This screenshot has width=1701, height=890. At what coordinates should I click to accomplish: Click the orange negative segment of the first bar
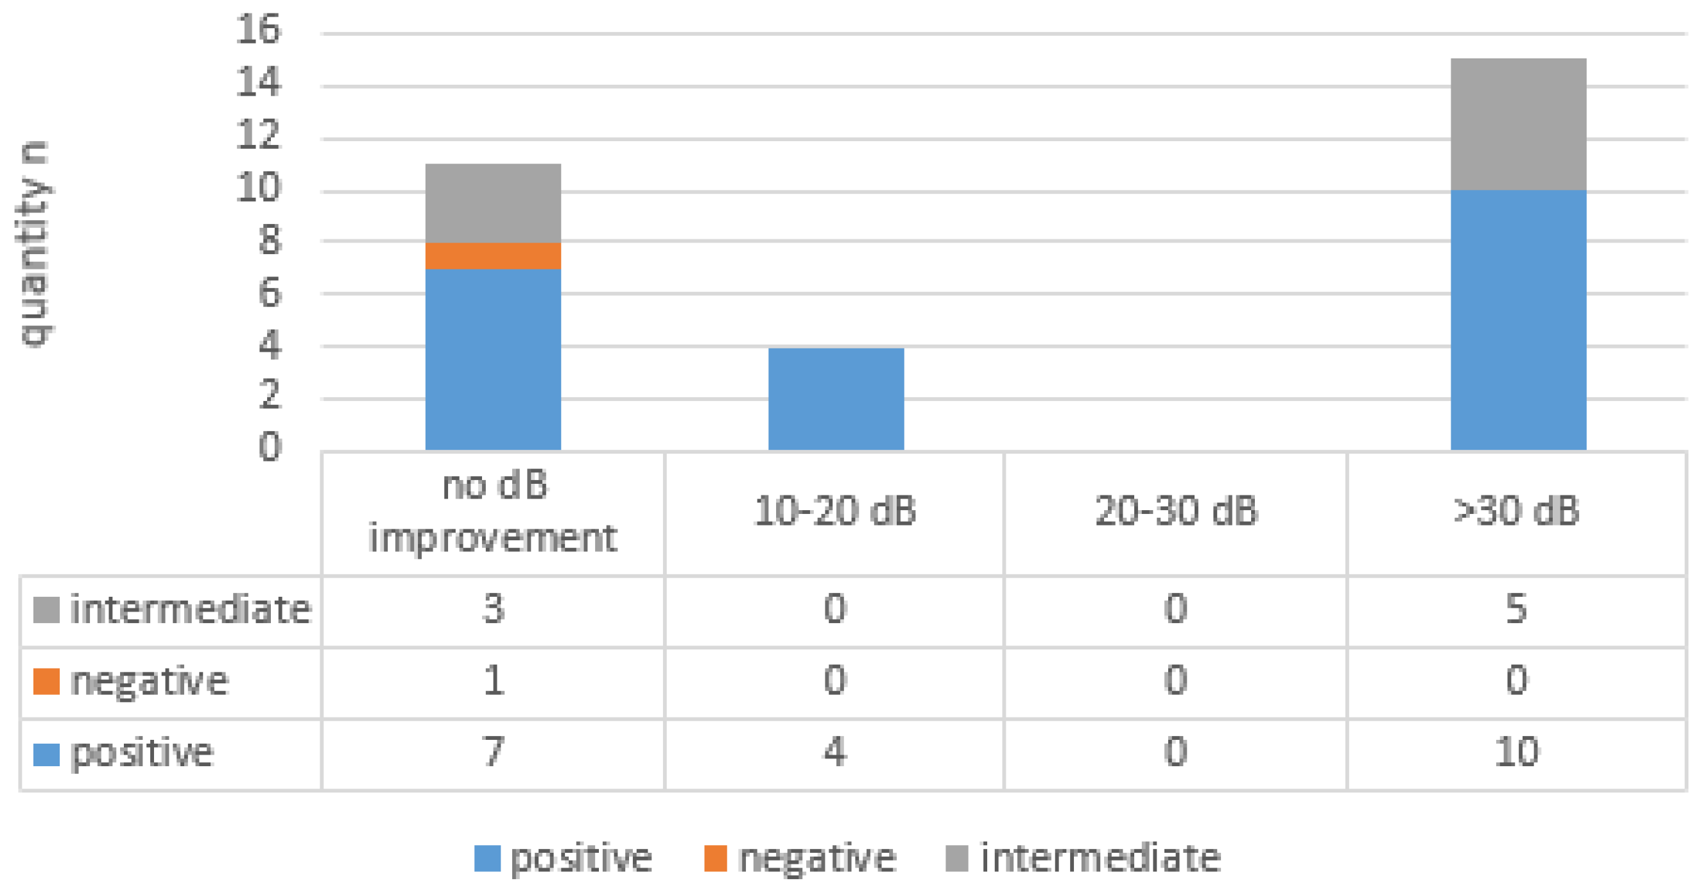492,255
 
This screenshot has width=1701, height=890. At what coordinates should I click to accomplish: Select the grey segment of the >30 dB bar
1518,124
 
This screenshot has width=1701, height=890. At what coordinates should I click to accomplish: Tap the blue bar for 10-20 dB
835,398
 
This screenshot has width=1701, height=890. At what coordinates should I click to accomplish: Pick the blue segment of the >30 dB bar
1518,320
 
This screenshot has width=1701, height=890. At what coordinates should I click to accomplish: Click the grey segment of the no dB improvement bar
492,203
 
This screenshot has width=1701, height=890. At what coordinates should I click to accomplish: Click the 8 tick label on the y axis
270,241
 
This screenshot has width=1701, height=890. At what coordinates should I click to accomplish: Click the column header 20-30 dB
1175,511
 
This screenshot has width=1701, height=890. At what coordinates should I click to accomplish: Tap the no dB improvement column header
492,511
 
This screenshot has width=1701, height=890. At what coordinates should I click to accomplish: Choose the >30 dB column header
1516,511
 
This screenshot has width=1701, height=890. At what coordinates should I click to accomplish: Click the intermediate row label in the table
189,609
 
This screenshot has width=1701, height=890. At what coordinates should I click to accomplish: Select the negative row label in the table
149,681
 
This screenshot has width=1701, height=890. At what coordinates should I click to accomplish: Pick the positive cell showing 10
1516,752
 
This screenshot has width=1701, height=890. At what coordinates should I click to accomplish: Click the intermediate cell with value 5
1516,609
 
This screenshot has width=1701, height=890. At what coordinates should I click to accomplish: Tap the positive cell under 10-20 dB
834,752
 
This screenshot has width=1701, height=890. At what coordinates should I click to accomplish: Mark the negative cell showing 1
492,681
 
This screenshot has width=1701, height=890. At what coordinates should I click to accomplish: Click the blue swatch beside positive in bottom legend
487,859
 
